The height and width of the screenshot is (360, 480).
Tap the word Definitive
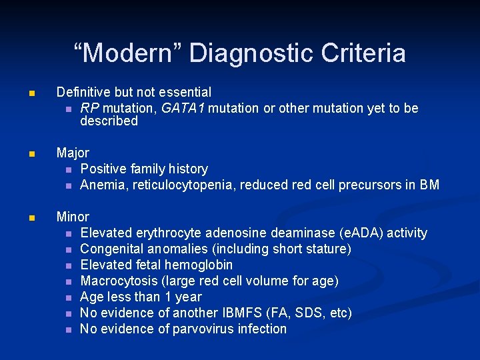click(83, 92)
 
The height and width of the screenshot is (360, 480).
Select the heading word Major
click(73, 153)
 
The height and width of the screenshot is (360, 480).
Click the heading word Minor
click(73, 217)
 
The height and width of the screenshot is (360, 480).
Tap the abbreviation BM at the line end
click(430, 185)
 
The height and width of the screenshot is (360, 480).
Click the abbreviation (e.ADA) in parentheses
click(364, 233)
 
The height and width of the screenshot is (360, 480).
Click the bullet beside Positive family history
click(68, 169)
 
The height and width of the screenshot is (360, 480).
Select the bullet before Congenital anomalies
click(68, 249)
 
